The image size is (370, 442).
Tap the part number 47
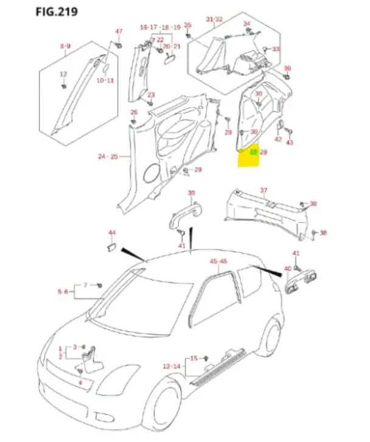(x=119, y=31)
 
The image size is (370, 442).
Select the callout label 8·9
(x=65, y=46)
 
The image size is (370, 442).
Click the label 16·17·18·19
(x=160, y=27)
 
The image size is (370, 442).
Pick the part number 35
(x=187, y=25)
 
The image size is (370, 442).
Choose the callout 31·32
(x=214, y=19)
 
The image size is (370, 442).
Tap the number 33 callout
(x=276, y=49)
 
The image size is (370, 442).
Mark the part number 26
(x=134, y=112)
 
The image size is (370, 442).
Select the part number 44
(x=112, y=233)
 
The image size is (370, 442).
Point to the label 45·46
(x=218, y=261)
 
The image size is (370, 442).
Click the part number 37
(x=264, y=190)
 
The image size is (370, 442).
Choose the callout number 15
(x=194, y=358)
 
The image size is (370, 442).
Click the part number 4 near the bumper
(x=80, y=382)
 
